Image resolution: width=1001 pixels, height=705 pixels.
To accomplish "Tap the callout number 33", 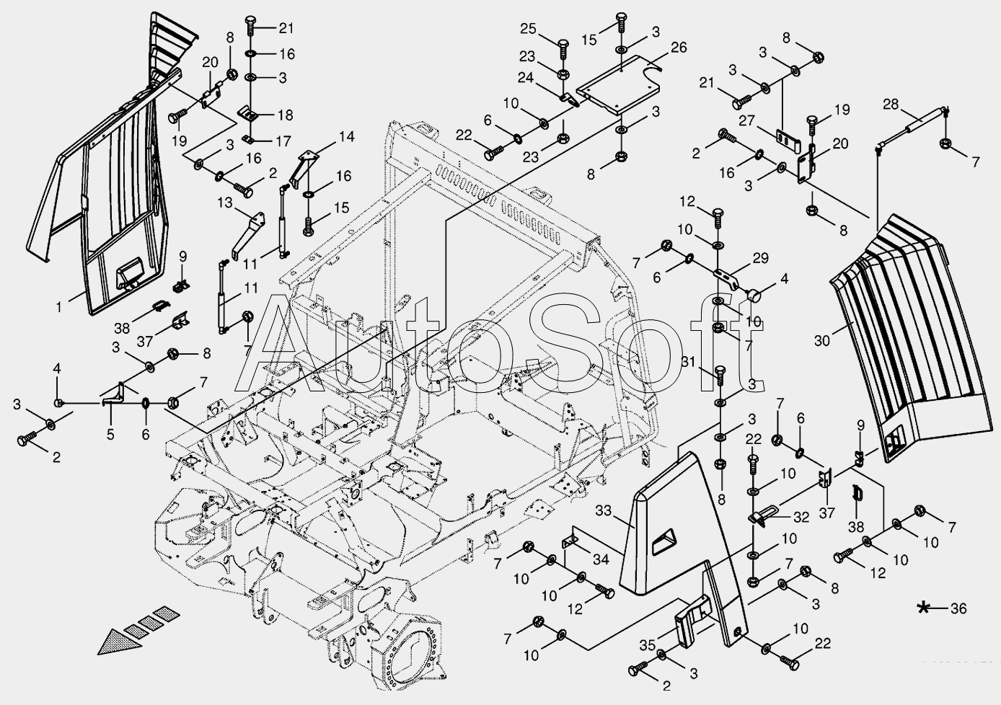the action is tap(604, 510).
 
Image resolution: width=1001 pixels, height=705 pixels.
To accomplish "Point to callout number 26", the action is tap(679, 48).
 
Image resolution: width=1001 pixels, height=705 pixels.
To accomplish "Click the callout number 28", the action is tap(891, 105).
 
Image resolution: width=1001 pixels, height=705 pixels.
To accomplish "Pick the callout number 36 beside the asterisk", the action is tap(958, 608).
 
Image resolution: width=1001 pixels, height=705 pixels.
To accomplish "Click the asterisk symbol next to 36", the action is tap(923, 608).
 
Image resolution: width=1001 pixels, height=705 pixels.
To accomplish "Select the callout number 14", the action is tap(347, 136).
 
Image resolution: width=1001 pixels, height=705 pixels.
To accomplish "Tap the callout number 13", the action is tap(224, 203).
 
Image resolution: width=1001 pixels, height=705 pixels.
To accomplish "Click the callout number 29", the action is tap(760, 257).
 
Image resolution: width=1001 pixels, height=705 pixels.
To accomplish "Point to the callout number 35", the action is tap(648, 644).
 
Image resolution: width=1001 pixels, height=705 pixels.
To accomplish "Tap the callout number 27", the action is tap(746, 121).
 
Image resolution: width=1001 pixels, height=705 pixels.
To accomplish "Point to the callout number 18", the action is tap(285, 115).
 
